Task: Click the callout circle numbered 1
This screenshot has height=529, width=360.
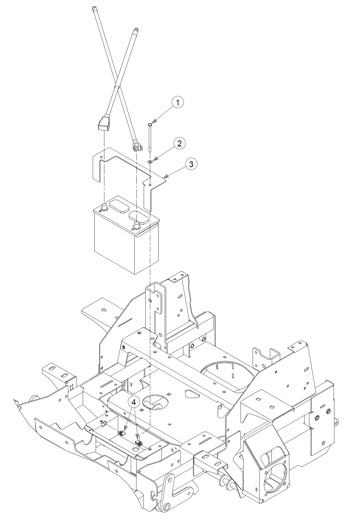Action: click(177, 102)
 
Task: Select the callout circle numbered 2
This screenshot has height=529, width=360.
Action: click(179, 143)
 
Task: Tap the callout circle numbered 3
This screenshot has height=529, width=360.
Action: click(191, 164)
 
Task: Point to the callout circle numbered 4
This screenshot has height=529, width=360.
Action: click(133, 402)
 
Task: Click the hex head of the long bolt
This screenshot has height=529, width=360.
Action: click(150, 124)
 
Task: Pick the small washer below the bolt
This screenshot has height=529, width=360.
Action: click(150, 162)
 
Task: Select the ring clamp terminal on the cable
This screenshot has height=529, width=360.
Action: click(137, 147)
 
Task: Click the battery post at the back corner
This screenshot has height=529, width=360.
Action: click(104, 206)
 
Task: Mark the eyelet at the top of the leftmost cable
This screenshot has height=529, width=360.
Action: click(94, 8)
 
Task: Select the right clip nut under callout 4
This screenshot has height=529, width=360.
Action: click(139, 442)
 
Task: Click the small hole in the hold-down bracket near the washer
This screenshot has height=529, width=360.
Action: click(150, 185)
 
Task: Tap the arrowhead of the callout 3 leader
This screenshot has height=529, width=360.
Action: click(164, 177)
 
